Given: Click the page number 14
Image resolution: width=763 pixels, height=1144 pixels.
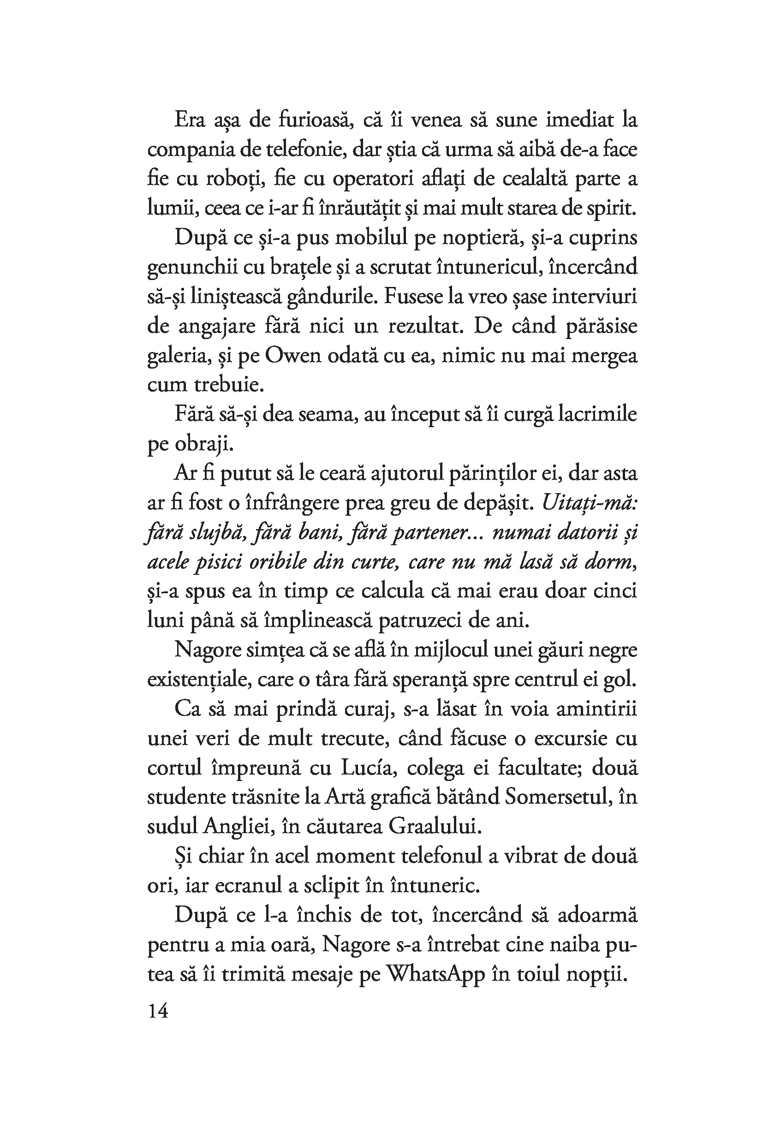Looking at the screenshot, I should coord(158,1012).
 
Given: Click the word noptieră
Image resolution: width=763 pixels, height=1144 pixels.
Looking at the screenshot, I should coord(470,238).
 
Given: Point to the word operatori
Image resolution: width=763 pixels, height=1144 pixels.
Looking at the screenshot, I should coord(374,179).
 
